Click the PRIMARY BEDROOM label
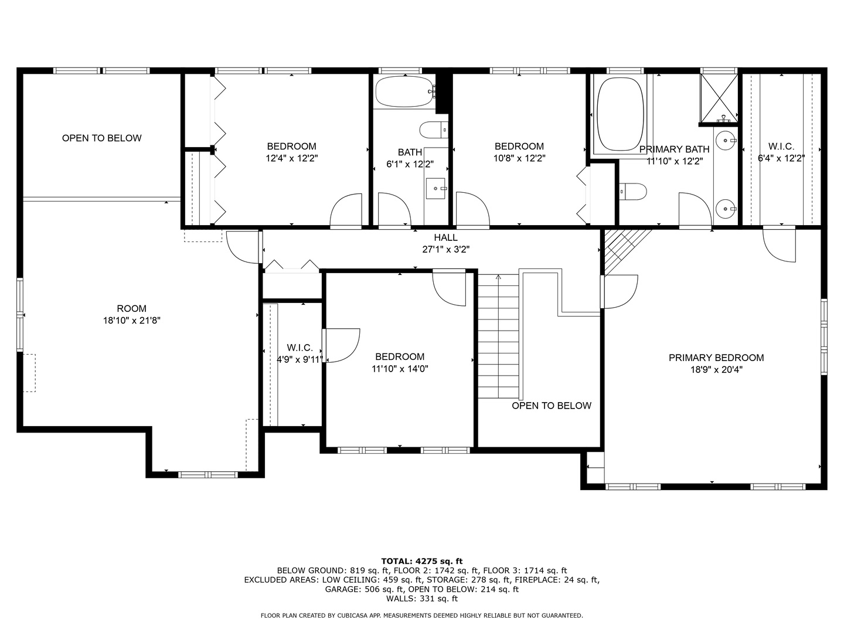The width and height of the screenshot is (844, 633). (716, 358)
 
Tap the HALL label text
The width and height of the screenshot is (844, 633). (445, 237)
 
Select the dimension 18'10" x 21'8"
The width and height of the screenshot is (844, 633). (132, 321)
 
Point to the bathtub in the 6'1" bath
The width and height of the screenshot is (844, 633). (404, 91)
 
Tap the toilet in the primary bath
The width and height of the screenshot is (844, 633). (633, 191)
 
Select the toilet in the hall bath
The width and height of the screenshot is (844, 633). (433, 129)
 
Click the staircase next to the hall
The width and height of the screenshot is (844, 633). (498, 337)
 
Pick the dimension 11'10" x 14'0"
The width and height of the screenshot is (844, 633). (400, 369)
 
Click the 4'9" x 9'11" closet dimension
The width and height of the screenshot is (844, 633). (300, 360)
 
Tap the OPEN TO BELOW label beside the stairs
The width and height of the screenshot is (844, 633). (552, 406)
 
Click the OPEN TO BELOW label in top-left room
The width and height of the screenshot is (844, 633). (102, 138)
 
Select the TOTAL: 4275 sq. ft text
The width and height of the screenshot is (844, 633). (422, 561)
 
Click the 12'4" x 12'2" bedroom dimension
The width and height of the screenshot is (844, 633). (291, 158)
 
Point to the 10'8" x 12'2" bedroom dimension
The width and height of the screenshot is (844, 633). (519, 158)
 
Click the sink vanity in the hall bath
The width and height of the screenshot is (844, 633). (435, 188)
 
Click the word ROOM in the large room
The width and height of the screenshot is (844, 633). (132, 309)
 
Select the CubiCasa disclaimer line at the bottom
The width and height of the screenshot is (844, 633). (422, 615)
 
